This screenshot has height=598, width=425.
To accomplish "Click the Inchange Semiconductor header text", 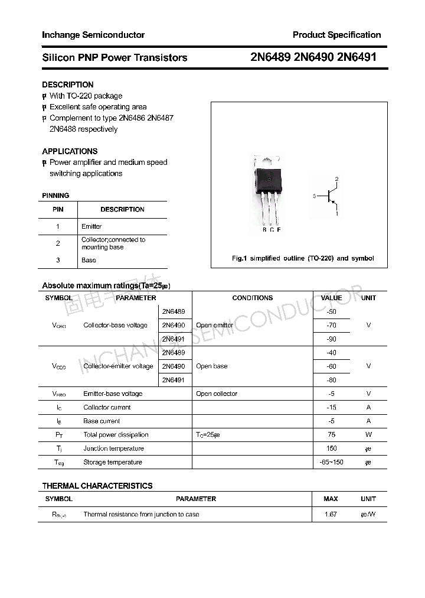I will (93, 35).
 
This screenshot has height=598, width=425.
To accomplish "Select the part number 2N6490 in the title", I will (313, 57).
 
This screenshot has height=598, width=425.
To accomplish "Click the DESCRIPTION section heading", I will (67, 84).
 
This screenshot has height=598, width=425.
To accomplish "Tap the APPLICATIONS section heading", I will (70, 151).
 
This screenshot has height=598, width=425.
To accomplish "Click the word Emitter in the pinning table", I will (91, 226).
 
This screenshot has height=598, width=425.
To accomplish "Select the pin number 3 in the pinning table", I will (58, 260).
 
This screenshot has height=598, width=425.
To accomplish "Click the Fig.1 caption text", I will (302, 258).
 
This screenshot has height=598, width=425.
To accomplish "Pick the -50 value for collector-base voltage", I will (331, 311).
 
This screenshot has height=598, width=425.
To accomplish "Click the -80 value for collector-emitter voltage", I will (331, 380).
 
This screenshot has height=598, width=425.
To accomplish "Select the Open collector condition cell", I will (217, 394).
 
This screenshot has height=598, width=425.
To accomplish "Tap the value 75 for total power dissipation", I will (331, 434).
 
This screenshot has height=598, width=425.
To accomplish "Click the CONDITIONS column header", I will (252, 298).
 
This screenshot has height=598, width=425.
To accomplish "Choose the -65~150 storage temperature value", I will (331, 462).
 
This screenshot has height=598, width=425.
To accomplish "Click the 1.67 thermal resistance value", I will (331, 514).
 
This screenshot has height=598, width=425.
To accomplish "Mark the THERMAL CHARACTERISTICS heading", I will (97, 486).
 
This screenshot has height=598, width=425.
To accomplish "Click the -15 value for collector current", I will (331, 407).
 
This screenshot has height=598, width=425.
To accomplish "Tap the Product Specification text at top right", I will (336, 35).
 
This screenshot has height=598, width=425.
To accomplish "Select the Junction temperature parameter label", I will (113, 448).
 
